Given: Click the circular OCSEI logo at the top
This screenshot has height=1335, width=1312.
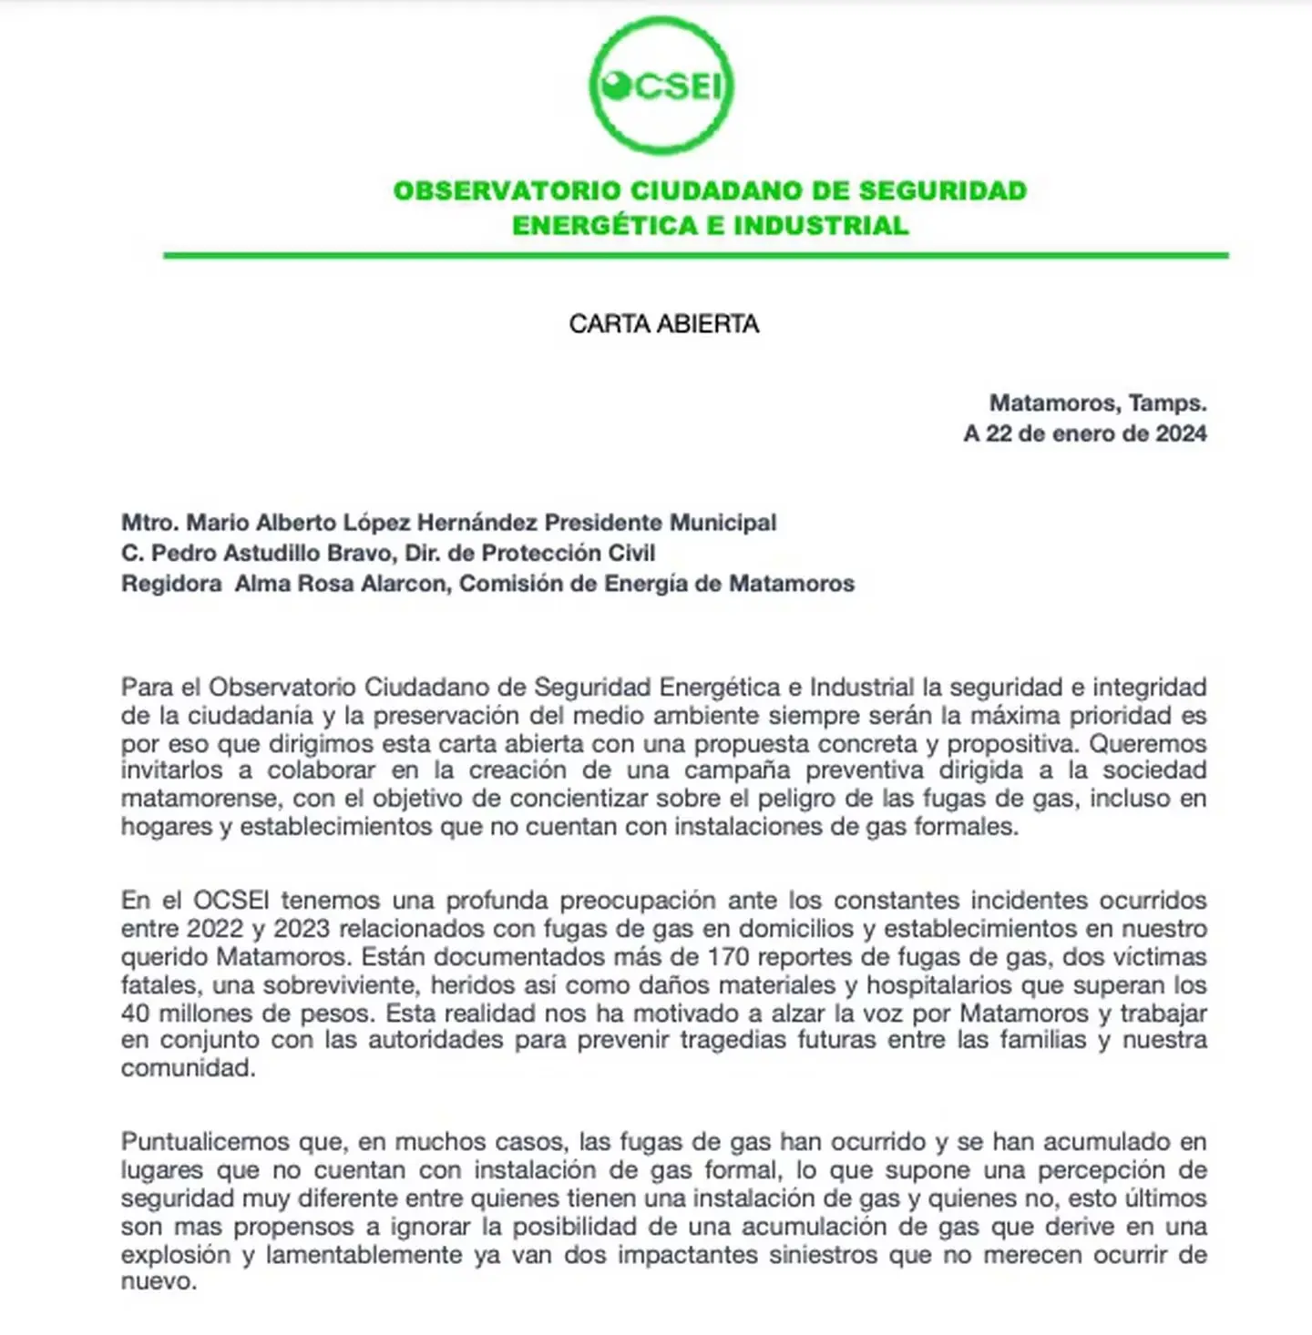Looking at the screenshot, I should tap(661, 86).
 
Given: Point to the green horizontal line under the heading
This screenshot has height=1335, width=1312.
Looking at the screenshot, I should tap(696, 256).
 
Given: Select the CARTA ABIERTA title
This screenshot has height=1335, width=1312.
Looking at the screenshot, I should tap(664, 324).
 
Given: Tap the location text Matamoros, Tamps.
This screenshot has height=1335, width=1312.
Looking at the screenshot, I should tap(1098, 403).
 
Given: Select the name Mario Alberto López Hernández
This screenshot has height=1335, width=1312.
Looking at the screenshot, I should tap(363, 523).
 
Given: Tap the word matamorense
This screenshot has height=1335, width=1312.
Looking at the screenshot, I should tap(199, 799).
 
